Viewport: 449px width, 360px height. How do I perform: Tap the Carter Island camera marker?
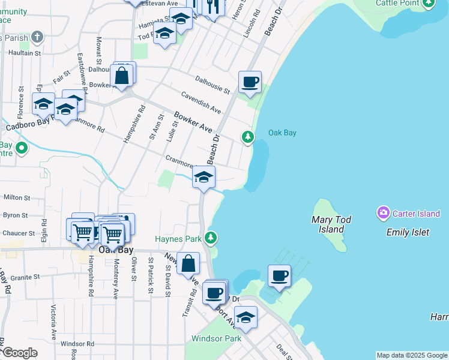383,213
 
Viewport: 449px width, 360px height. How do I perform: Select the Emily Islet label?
408,232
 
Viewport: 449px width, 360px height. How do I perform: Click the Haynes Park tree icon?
210,238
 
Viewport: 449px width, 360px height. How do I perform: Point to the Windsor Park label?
216,338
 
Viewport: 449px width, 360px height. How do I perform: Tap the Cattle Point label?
397,3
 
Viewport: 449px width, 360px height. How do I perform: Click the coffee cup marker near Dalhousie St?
250,82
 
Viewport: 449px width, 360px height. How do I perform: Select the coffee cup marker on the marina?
279,276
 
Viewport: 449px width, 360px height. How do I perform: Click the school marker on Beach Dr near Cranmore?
204,177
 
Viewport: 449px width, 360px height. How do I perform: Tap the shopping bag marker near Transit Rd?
188,263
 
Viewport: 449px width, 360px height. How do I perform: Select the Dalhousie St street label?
212,85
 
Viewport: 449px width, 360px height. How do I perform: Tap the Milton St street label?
17,197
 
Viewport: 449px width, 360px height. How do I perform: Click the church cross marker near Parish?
37,37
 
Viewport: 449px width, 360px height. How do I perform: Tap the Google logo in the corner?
19,353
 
